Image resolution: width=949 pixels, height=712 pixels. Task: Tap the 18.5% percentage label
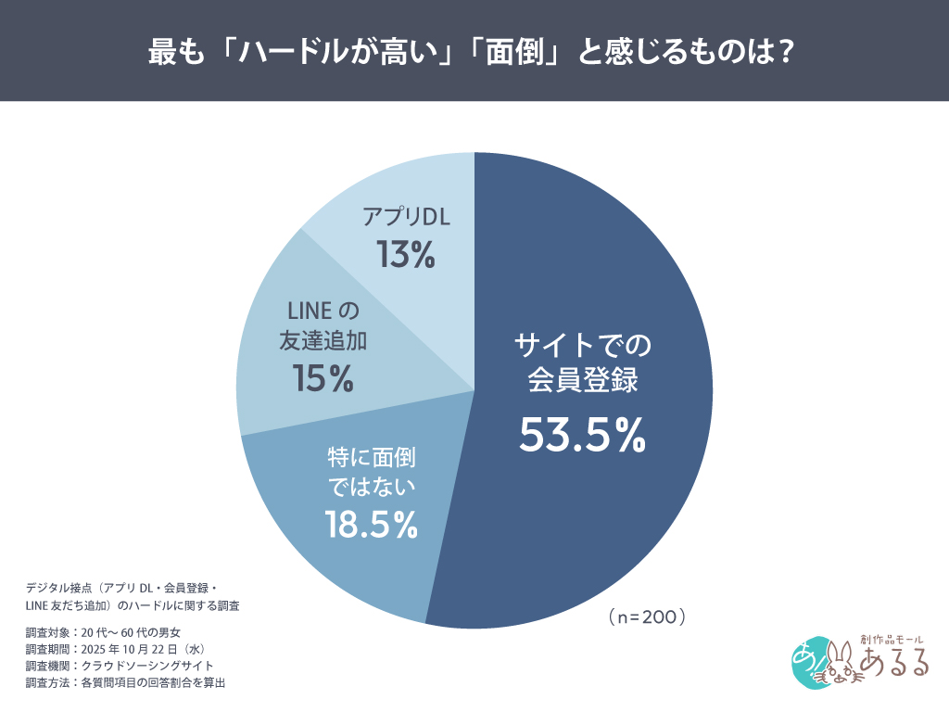tap(371, 525)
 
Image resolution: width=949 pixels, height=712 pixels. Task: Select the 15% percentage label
tap(323, 377)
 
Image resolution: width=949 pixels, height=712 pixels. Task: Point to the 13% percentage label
tap(406, 255)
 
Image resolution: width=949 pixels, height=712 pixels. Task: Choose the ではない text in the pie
tap(371, 485)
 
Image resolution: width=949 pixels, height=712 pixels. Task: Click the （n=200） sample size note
tap(647, 616)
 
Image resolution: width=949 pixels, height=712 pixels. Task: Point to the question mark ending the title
tap(785, 51)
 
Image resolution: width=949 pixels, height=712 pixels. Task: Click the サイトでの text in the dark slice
tap(583, 346)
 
